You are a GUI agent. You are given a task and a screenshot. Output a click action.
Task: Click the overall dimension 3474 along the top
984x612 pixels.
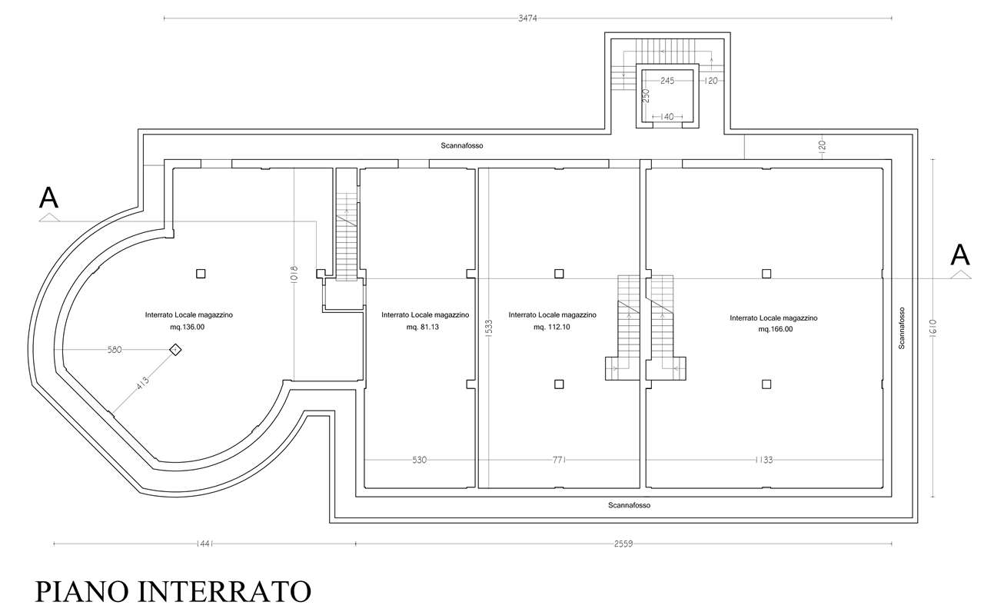(527, 18)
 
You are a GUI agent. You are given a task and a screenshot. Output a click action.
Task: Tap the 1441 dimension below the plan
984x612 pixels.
(204, 544)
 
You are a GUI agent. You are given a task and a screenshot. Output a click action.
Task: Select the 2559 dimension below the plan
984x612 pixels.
(623, 544)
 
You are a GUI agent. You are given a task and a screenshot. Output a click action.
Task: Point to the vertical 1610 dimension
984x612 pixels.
(933, 328)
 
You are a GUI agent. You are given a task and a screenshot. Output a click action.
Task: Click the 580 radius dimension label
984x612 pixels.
(115, 350)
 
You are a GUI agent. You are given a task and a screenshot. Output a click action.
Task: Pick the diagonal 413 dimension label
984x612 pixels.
(143, 383)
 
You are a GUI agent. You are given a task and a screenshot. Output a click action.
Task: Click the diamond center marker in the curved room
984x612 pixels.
(175, 350)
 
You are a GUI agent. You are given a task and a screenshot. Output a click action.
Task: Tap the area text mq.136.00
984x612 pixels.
(187, 327)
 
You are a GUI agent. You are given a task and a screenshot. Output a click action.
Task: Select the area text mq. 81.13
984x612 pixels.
(423, 327)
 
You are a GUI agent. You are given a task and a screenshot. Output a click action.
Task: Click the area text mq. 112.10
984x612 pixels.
(552, 327)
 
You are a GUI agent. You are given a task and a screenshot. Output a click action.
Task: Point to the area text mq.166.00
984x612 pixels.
(776, 329)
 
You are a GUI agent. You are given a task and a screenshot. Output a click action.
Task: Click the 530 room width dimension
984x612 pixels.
(420, 460)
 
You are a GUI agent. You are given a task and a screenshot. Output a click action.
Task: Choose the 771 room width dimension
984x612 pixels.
(559, 460)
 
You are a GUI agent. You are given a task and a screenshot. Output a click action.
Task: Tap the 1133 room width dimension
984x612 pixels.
(764, 460)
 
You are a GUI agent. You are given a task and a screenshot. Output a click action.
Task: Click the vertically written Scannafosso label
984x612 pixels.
(902, 328)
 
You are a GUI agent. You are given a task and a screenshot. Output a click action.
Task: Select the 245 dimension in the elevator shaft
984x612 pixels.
(667, 81)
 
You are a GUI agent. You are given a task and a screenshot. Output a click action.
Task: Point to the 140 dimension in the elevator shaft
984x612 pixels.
(667, 117)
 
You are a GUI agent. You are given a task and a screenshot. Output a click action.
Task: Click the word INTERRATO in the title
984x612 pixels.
(224, 591)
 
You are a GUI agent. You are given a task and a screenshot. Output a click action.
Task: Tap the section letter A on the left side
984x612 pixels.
(48, 198)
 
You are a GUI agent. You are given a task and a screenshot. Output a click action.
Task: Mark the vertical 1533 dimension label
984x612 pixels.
(489, 328)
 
